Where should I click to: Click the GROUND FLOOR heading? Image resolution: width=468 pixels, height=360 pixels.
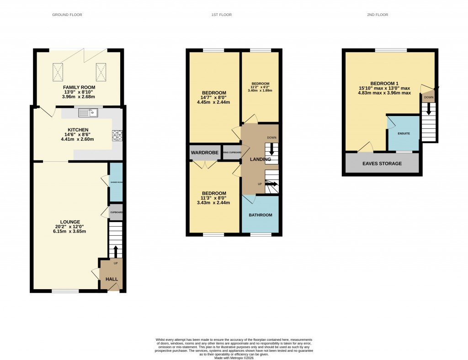[67, 15]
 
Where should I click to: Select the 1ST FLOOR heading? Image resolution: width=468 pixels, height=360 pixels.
[221, 15]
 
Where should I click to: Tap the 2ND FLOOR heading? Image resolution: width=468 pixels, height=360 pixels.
[377, 15]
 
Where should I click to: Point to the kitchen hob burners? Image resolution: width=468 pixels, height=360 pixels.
[117, 135]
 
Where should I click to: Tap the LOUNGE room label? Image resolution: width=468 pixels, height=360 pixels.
[69, 222]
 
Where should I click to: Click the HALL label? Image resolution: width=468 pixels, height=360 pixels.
[112, 279]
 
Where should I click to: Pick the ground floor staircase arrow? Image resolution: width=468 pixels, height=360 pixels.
[115, 250]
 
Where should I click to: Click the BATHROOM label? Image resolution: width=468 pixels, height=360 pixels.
[261, 215]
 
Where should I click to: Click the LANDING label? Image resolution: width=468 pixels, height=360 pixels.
[261, 159]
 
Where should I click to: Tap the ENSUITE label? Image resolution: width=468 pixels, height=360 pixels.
[404, 133]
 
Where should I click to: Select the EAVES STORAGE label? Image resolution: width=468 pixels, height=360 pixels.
[382, 164]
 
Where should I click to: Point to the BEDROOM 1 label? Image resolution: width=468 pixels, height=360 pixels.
[384, 83]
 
